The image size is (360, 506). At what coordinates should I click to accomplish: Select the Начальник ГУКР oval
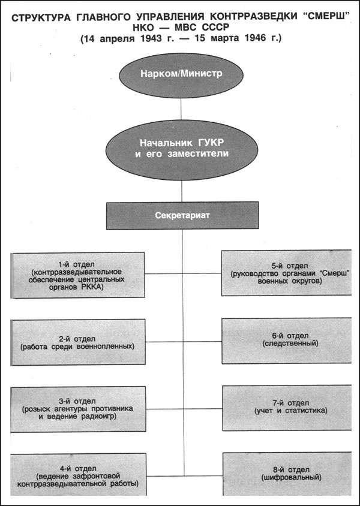coord(181,148)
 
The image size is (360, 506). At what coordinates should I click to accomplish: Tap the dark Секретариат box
coord(181,216)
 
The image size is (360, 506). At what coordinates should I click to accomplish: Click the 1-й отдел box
coord(78,275)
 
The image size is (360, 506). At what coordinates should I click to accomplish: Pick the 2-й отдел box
coord(78,342)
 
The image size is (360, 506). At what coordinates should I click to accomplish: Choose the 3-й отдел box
coord(78,409)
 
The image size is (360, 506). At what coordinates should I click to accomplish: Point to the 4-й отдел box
coord(78,474)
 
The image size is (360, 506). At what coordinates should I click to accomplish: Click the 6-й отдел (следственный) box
coord(282,339)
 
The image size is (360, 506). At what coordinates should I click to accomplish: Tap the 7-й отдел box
coord(282,406)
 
